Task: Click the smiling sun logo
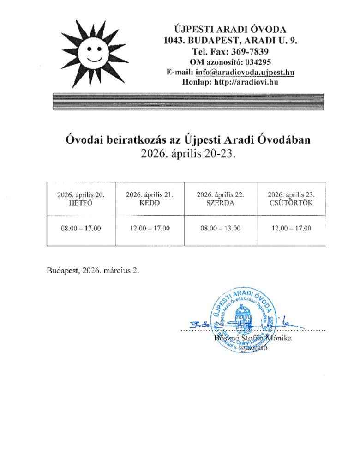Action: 95,53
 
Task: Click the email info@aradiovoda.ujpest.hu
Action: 245,73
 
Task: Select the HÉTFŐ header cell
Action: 81,199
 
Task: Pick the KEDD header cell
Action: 150,199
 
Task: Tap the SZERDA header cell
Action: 220,199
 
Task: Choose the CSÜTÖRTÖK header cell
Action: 291,199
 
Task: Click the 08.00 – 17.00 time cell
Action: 81,229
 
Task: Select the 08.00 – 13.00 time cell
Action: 220,229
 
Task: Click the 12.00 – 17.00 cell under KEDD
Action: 150,229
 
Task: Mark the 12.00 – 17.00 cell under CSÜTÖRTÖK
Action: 291,229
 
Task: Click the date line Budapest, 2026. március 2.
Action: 92,271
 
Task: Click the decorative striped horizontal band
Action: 187,102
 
